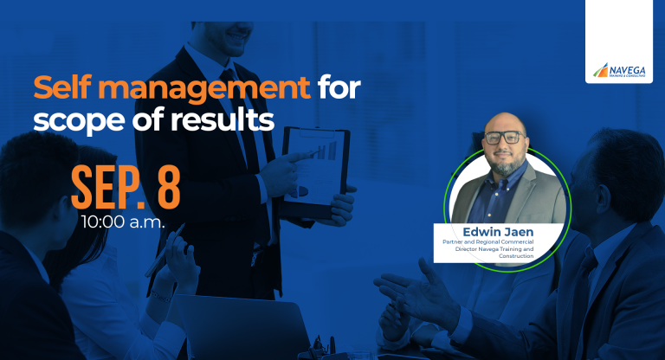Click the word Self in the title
click(x=62, y=87)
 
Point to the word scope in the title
click(x=79, y=122)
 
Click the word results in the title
click(x=223, y=119)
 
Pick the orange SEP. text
click(x=108, y=188)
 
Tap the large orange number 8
click(x=169, y=188)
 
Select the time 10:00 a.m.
click(x=123, y=222)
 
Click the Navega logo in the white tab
click(x=619, y=71)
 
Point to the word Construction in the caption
click(x=516, y=256)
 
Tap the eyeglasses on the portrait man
click(x=505, y=138)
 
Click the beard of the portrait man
click(x=506, y=164)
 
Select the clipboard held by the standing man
click(x=316, y=172)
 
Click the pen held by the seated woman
click(x=165, y=250)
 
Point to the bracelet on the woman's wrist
click(x=161, y=294)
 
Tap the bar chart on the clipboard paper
click(x=326, y=150)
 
